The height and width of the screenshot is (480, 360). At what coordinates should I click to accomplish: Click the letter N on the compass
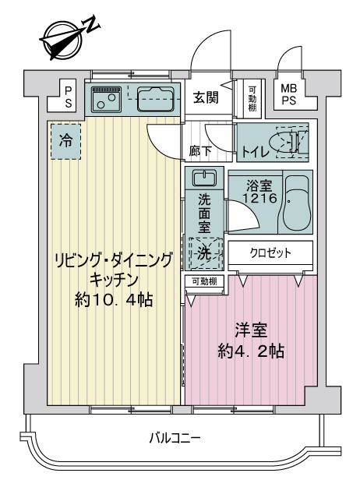[x=92, y=25]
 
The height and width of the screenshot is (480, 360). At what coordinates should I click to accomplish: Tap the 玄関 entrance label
[x=206, y=97]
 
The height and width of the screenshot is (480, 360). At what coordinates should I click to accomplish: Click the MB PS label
[x=289, y=94]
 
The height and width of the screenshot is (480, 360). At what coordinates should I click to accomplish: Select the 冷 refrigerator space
[x=65, y=141]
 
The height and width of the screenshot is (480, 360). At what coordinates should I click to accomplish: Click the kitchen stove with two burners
[x=107, y=98]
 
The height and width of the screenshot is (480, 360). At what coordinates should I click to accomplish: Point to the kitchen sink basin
[x=156, y=99]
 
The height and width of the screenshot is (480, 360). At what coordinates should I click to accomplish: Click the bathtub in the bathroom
[x=295, y=202]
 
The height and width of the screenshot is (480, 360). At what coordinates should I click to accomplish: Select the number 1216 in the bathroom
[x=259, y=199]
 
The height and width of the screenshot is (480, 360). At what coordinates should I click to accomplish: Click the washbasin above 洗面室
[x=204, y=178]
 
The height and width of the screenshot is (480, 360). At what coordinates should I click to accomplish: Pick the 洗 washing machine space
[x=204, y=252]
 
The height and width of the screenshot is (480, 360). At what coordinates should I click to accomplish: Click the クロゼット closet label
[x=270, y=252]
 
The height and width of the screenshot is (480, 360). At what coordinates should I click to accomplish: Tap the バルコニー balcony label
[x=175, y=438]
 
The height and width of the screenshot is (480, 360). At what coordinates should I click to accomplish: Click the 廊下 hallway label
[x=200, y=151]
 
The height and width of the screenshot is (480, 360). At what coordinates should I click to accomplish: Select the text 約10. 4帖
[x=114, y=300]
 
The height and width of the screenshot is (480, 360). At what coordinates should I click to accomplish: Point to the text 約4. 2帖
[x=251, y=351]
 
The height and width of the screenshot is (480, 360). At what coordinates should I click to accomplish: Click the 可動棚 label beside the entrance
[x=252, y=98]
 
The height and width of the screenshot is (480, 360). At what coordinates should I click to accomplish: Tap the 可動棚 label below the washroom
[x=204, y=281]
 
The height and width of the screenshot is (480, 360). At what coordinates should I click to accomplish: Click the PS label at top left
[x=69, y=97]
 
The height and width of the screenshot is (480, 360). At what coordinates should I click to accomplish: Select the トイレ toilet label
[x=256, y=151]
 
